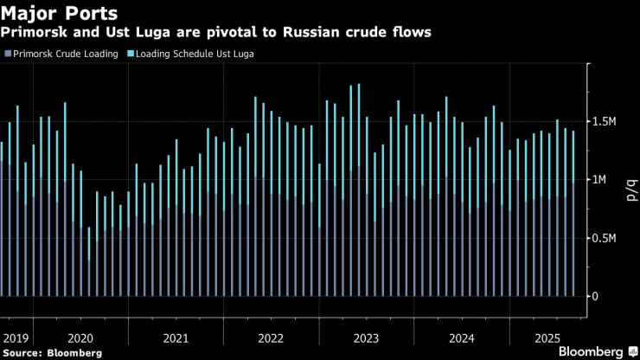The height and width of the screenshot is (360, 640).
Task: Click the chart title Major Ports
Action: [60, 14]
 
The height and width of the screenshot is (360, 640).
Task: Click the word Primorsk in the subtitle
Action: [31, 33]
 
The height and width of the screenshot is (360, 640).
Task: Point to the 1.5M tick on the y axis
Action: [605, 122]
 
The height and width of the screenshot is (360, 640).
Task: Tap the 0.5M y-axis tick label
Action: [605, 238]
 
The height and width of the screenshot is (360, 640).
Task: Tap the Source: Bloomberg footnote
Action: [53, 352]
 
